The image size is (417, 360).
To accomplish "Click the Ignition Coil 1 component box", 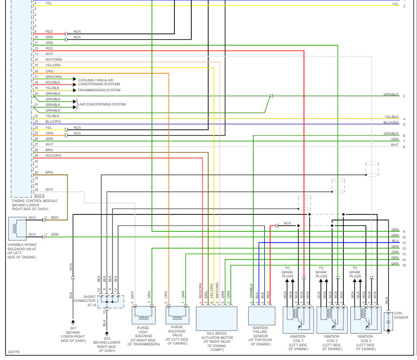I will tap(298, 320).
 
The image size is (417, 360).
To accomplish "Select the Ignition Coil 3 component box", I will tap(366, 320).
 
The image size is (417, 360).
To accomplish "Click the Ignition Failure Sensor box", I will tap(261, 316).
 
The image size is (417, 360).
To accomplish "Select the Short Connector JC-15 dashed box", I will tap(110, 301).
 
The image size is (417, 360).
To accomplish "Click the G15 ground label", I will tap(106, 339).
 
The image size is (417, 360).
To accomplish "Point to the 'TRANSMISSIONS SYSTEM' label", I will tap(99, 90).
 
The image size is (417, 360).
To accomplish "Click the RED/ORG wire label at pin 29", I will tap(53, 155).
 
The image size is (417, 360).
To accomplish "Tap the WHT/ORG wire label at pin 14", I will tap(53, 59).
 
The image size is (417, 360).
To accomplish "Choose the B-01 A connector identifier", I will tap(39, 195).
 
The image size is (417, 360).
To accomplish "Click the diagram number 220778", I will tap(13, 352).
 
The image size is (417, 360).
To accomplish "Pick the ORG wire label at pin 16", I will tap(49, 71).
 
